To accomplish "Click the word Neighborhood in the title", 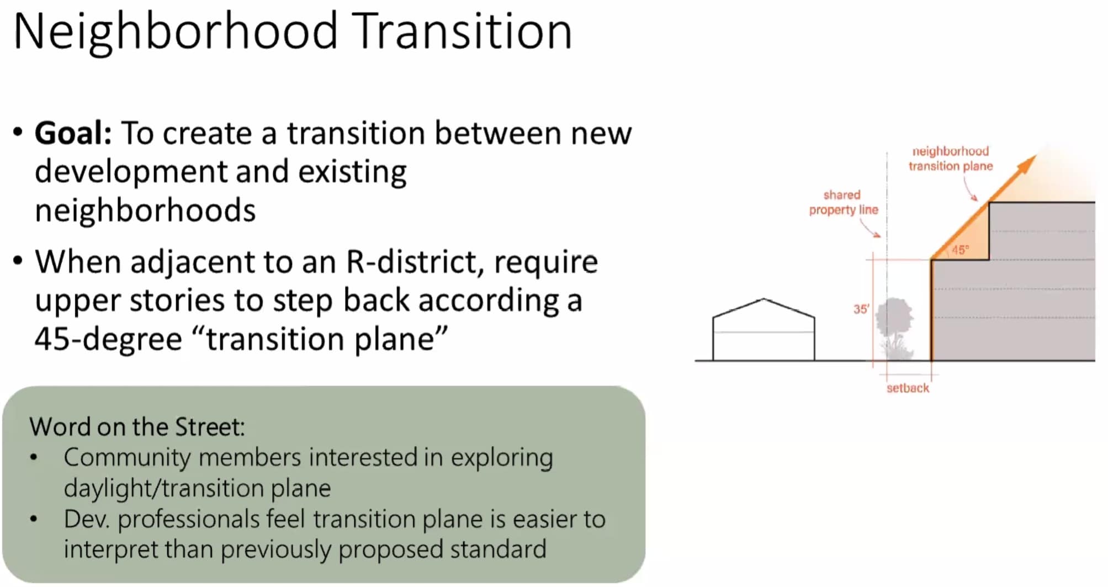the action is pyautogui.click(x=175, y=32).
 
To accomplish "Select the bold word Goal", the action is pyautogui.click(x=73, y=134).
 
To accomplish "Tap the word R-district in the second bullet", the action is pyautogui.click(x=415, y=262).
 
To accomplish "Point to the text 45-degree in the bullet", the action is pyautogui.click(x=108, y=339).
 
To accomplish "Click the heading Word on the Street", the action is pyautogui.click(x=137, y=427).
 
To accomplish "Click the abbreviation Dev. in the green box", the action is pyautogui.click(x=86, y=519).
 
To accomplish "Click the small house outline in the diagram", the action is pyautogui.click(x=764, y=330).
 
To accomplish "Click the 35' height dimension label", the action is pyautogui.click(x=861, y=309).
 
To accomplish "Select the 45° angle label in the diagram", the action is pyautogui.click(x=960, y=250).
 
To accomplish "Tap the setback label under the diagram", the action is pyautogui.click(x=908, y=388).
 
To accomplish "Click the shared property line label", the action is pyautogui.click(x=843, y=202).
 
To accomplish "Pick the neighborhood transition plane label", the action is pyautogui.click(x=951, y=158).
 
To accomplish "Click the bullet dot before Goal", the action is pyautogui.click(x=18, y=133).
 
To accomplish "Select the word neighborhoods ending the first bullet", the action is pyautogui.click(x=145, y=211).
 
